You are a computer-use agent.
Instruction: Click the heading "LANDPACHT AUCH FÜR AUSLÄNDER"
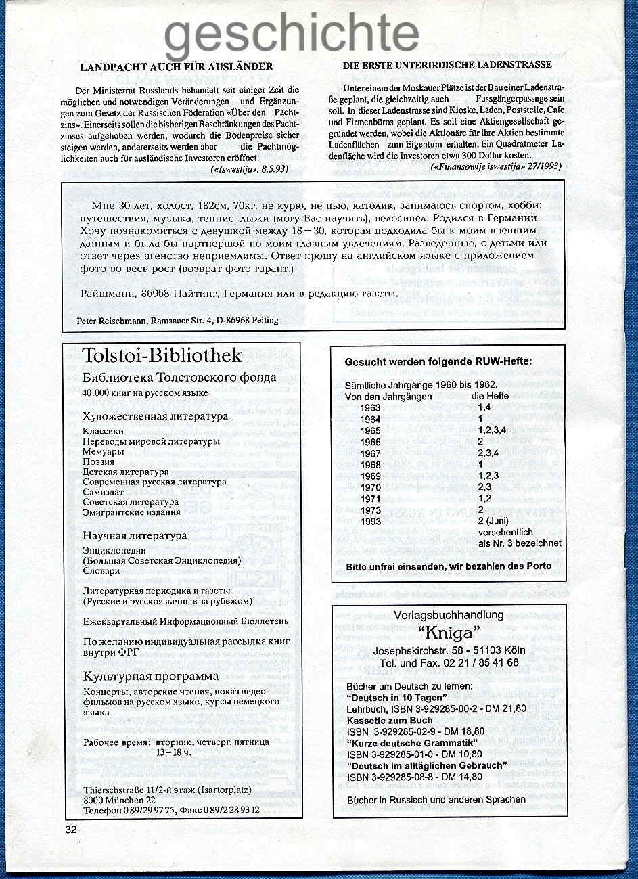(177, 66)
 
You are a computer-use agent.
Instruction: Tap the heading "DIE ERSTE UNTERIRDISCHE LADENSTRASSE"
(447, 65)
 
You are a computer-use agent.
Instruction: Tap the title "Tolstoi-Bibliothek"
(162, 356)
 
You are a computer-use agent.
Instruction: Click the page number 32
(71, 831)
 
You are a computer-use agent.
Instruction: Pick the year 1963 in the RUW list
(371, 408)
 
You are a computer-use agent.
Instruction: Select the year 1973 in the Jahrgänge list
(371, 510)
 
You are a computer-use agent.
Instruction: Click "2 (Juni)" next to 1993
(493, 521)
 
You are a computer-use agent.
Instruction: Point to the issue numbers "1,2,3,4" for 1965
(492, 430)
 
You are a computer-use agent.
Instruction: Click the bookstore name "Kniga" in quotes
(449, 632)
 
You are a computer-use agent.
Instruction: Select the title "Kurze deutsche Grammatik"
(413, 742)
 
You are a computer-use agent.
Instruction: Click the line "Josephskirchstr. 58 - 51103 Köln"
(449, 650)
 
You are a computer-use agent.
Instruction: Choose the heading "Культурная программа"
(151, 677)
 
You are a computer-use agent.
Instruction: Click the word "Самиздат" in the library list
(103, 492)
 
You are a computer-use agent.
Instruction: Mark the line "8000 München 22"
(110, 799)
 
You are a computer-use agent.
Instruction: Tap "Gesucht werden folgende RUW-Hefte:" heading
(438, 361)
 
